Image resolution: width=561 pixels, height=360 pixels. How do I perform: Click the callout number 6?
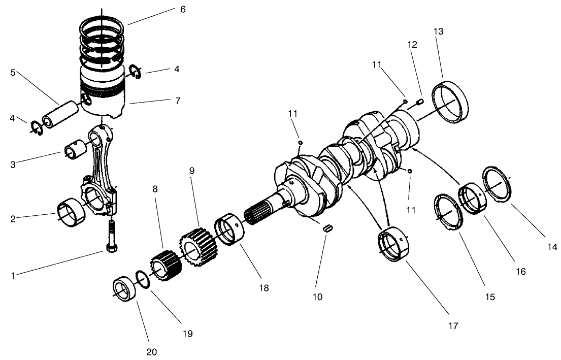tap(182, 9)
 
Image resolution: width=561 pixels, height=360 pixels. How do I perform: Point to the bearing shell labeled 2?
tap(68, 214)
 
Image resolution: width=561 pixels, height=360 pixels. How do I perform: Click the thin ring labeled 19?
tap(144, 280)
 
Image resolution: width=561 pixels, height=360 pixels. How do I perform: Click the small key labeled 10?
tap(327, 228)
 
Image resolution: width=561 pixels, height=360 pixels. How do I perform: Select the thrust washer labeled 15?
tap(448, 212)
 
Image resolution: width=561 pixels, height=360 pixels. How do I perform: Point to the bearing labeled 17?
tap(396, 246)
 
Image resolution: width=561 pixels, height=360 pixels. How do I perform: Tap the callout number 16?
tap(520, 271)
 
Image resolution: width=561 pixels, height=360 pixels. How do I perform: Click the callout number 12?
tap(412, 44)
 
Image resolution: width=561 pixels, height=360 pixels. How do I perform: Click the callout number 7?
tap(178, 101)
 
